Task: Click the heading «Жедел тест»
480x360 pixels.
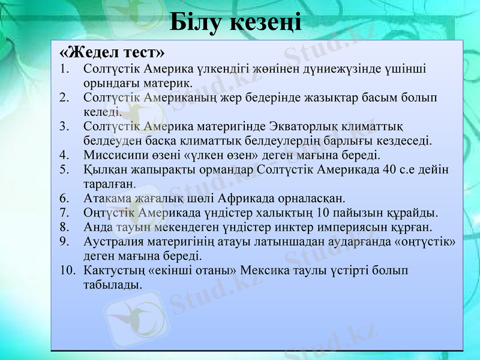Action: coord(112,49)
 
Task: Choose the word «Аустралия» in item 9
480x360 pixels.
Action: coord(113,241)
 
